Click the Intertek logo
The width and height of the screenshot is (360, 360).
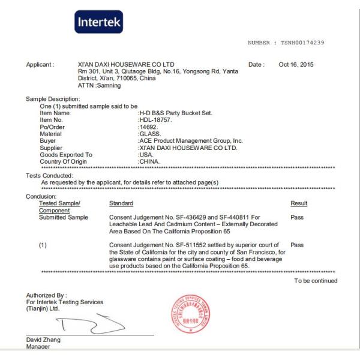(x=98, y=22)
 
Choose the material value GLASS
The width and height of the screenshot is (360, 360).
(x=149, y=134)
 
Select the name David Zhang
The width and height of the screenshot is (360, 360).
(x=43, y=340)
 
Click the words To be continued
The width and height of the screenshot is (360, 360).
(x=316, y=281)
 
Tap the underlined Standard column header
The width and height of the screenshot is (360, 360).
(x=121, y=204)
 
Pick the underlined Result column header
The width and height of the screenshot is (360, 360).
(x=298, y=204)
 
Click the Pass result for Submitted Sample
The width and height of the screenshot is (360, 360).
(x=296, y=217)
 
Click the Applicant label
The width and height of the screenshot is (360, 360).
(x=40, y=64)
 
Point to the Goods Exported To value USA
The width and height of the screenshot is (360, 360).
(x=145, y=155)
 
